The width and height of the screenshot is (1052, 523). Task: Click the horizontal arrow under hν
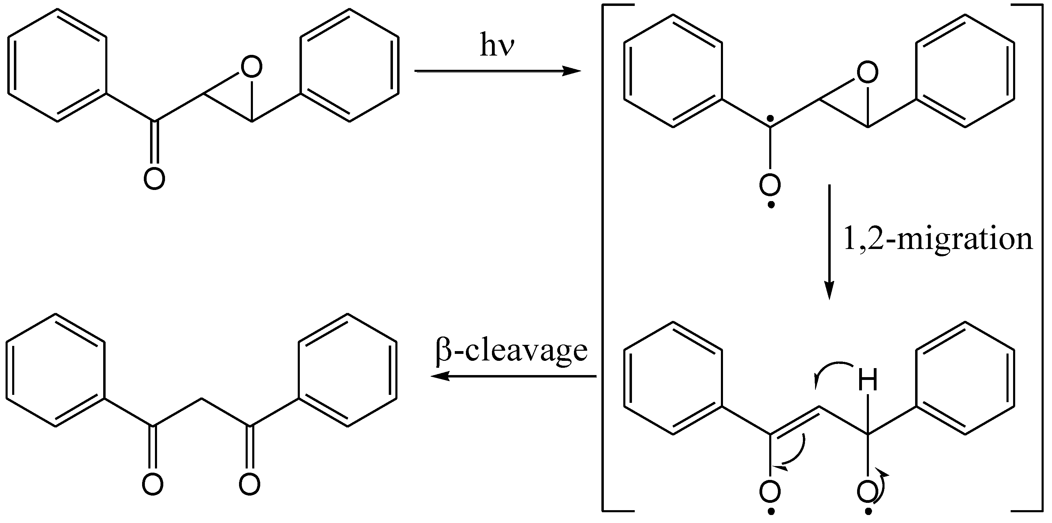[497, 72]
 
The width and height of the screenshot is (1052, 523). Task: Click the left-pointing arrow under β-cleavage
[514, 376]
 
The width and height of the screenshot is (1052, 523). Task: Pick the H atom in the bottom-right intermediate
[868, 381]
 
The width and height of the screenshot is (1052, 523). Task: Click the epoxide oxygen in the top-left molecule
[251, 67]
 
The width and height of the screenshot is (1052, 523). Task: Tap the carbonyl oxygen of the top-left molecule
[154, 179]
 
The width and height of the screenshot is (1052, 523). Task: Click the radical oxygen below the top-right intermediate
[770, 186]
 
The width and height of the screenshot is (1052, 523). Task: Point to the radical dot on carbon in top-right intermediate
[770, 119]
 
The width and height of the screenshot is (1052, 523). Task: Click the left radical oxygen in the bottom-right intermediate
[770, 493]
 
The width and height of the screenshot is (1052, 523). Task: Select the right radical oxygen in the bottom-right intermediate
[868, 493]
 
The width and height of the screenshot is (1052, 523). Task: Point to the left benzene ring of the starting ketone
[57, 65]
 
